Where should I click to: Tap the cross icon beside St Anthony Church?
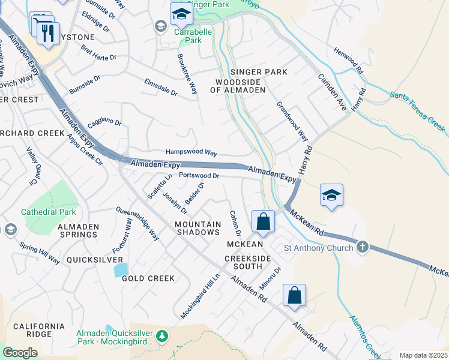pos(362,247)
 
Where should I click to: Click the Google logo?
pos(20,353)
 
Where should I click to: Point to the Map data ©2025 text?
pos(423,355)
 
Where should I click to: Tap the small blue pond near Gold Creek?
pos(121,269)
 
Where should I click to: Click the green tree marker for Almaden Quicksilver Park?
pos(161,337)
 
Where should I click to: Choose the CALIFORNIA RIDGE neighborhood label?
pos(39,330)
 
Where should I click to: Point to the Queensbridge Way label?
pos(137,224)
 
